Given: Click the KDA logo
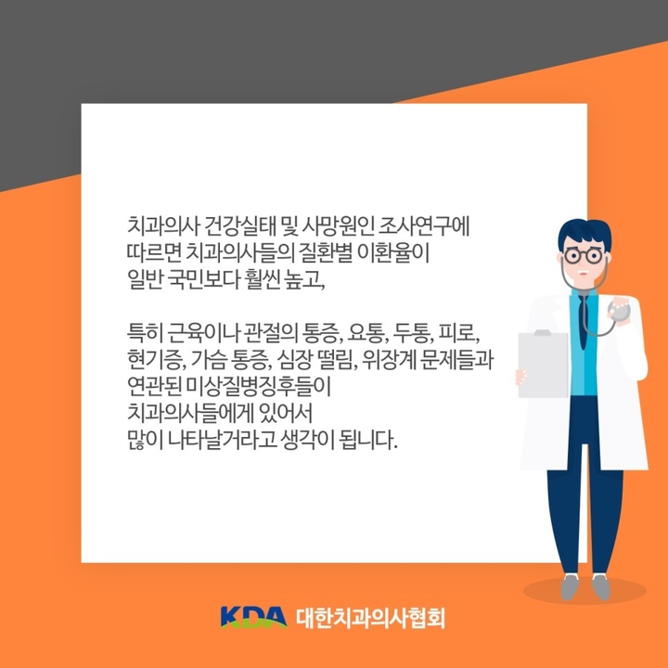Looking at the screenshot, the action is pos(254,617).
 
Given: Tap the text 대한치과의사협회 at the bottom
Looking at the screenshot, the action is pos(370,618).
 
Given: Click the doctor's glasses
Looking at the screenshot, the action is pos(584,256).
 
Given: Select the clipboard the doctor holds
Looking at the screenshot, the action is pos(543,365).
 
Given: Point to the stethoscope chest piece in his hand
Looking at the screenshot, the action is pos(619,310).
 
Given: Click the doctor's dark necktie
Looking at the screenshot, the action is pos(583,319).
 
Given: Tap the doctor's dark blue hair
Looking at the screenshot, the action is pos(584,234).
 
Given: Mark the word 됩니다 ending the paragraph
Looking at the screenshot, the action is pos(367,441).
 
